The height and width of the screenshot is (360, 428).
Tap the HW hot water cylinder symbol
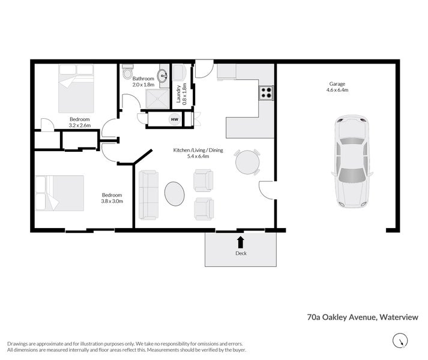[x=175, y=119]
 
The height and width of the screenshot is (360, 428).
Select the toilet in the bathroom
[x=127, y=73]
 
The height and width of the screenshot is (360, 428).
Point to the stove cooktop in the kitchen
[x=266, y=93]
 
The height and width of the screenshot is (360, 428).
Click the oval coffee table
[x=175, y=194]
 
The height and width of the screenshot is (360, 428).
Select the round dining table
[x=247, y=162]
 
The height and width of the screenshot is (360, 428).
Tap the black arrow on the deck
[x=241, y=242]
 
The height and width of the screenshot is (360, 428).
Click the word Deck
[x=241, y=253]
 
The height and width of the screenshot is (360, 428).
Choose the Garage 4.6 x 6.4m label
[x=337, y=87]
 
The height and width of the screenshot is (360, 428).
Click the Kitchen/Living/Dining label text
[x=198, y=153]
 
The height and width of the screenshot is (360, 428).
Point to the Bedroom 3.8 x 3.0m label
[x=112, y=198]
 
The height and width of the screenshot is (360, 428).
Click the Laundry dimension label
[x=181, y=93]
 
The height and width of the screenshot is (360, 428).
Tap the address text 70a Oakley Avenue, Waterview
[x=362, y=317]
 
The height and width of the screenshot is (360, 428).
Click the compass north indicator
[x=400, y=342]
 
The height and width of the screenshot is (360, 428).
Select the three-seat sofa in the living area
[x=148, y=194]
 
